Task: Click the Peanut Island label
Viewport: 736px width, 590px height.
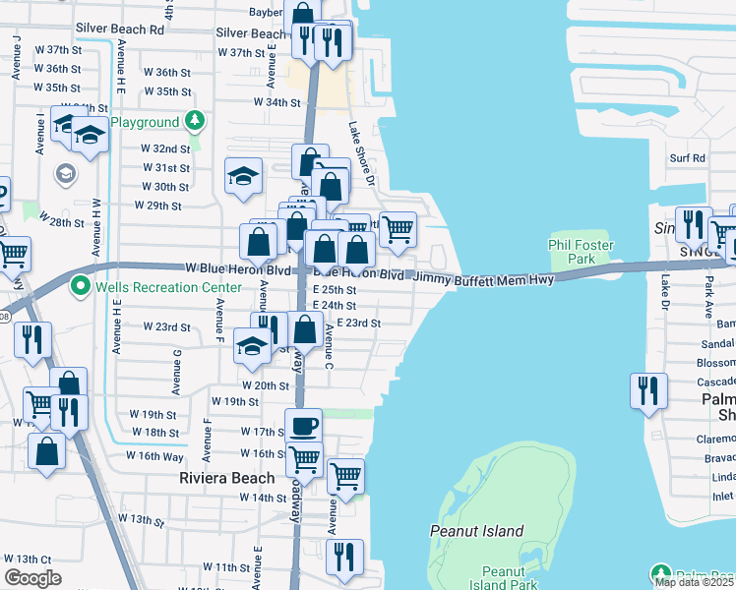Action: pyautogui.click(x=477, y=531)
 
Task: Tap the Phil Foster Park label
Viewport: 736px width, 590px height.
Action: pyautogui.click(x=581, y=253)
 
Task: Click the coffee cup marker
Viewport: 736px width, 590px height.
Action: pyautogui.click(x=303, y=426)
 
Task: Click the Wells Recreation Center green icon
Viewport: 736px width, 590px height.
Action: pyautogui.click(x=80, y=287)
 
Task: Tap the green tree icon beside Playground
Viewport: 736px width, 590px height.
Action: pyautogui.click(x=196, y=122)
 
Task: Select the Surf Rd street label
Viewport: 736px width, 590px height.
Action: pyautogui.click(x=687, y=157)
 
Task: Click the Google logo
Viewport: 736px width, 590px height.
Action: pyautogui.click(x=32, y=578)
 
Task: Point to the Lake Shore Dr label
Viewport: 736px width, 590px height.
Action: pyautogui.click(x=363, y=153)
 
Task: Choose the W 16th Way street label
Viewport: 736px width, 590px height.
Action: pyautogui.click(x=154, y=456)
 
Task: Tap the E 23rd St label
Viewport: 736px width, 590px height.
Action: pyautogui.click(x=358, y=323)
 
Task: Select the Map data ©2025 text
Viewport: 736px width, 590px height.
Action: pyautogui.click(x=694, y=582)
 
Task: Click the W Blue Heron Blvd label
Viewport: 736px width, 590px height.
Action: pyautogui.click(x=239, y=267)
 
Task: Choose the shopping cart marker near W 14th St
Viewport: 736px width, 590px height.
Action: pyautogui.click(x=345, y=476)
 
